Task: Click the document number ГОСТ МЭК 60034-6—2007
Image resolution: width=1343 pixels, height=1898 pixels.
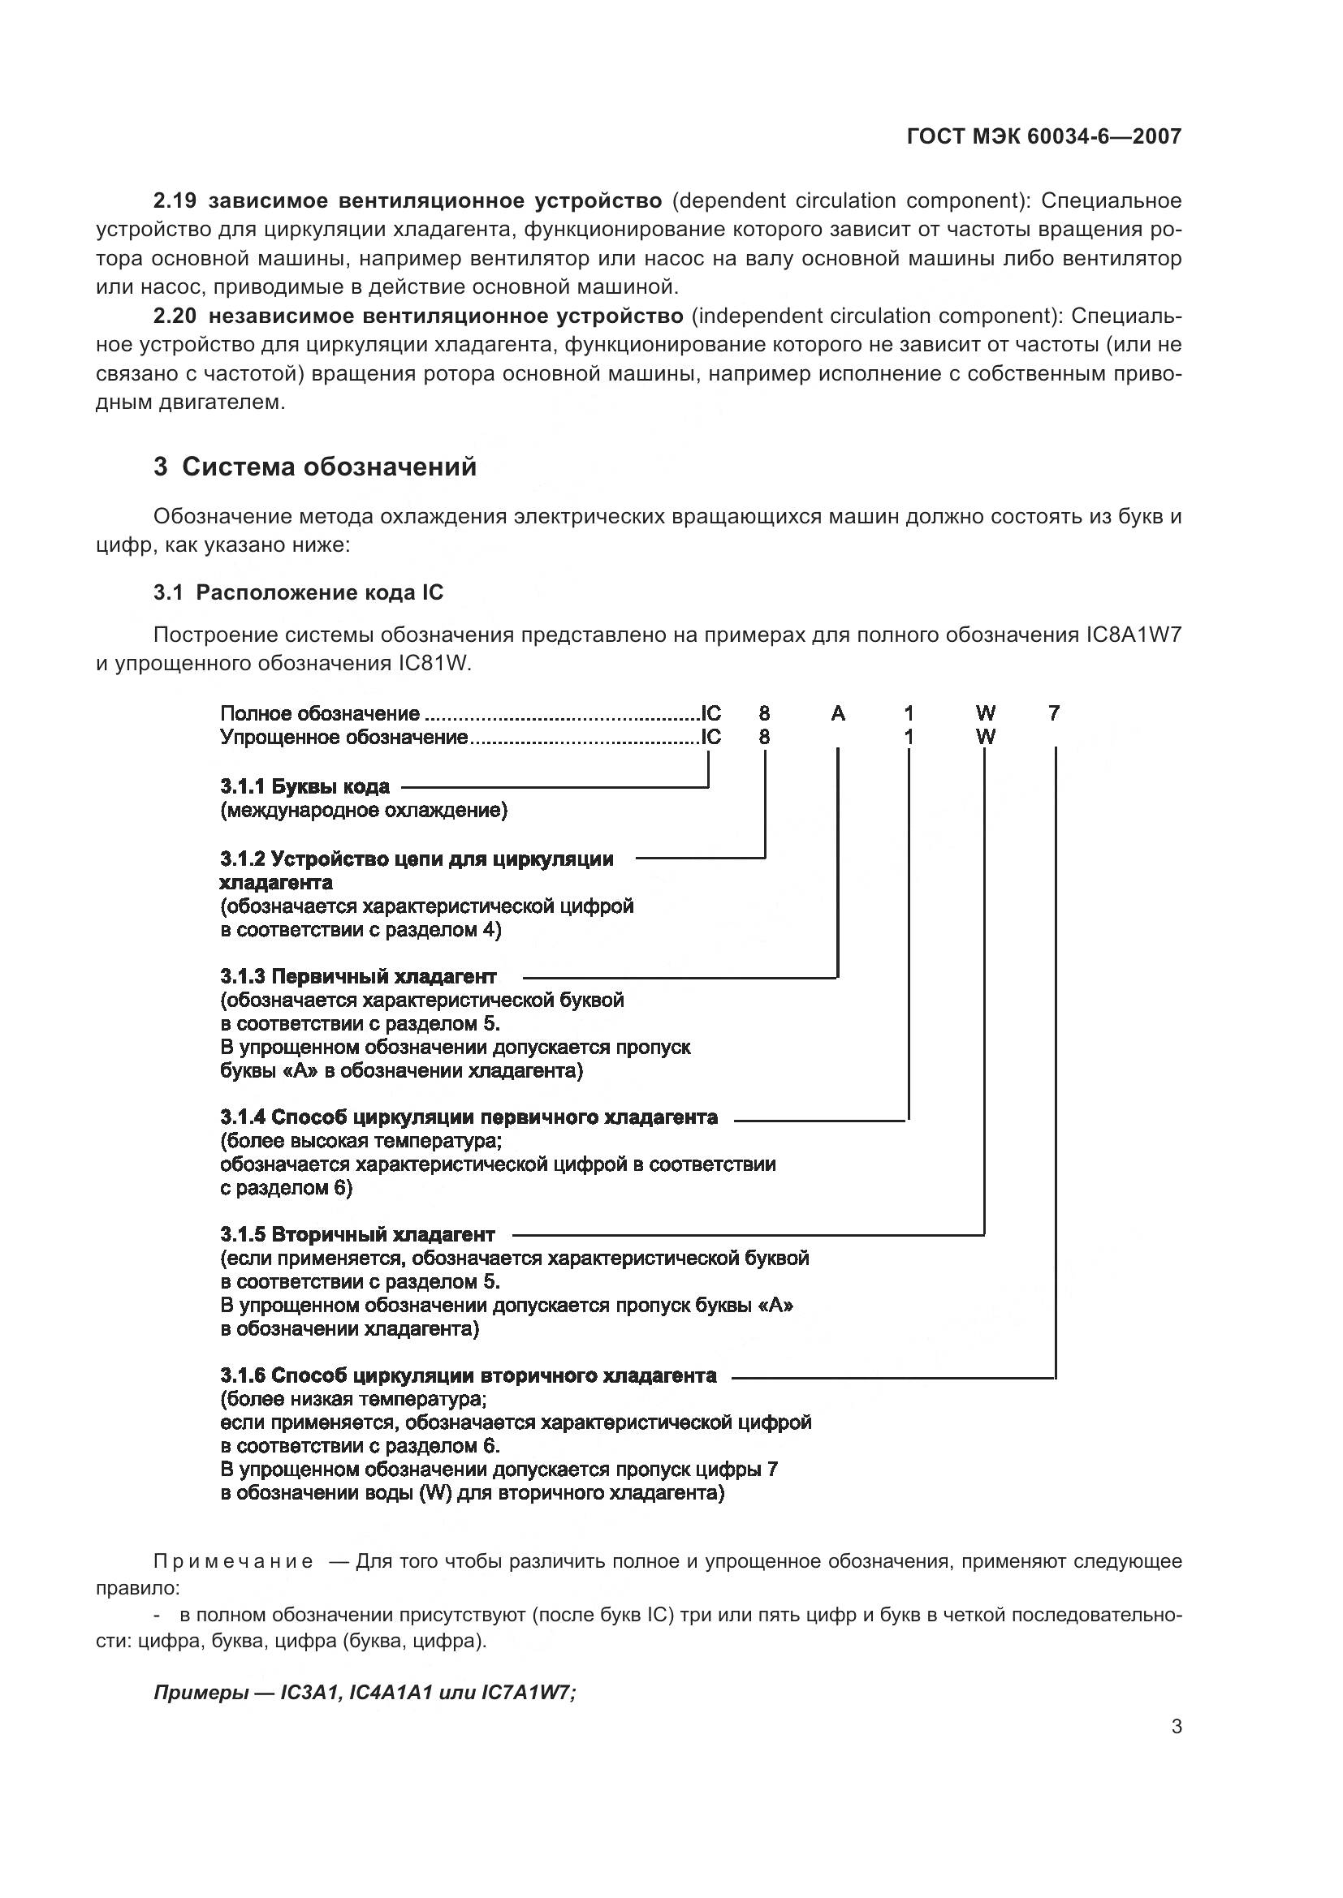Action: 1043,136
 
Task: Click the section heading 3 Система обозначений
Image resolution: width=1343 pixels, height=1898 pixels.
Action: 315,467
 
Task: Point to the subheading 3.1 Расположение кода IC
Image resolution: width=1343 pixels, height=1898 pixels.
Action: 299,592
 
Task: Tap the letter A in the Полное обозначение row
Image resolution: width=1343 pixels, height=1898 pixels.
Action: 838,713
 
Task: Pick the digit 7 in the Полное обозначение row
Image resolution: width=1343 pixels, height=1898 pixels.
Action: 1054,713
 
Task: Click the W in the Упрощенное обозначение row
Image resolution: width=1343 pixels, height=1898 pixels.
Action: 985,737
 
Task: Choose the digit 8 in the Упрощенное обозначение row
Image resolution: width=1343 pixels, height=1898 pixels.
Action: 764,737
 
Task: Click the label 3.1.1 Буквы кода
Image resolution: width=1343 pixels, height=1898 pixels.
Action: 305,786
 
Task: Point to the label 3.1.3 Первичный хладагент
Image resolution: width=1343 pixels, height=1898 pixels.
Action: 358,976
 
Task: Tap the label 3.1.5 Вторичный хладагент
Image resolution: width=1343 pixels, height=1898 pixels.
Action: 357,1235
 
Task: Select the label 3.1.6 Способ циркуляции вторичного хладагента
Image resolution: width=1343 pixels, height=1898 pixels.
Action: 468,1375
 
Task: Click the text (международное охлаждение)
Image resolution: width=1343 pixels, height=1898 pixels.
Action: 364,810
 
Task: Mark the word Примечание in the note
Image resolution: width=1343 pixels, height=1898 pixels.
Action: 233,1561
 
